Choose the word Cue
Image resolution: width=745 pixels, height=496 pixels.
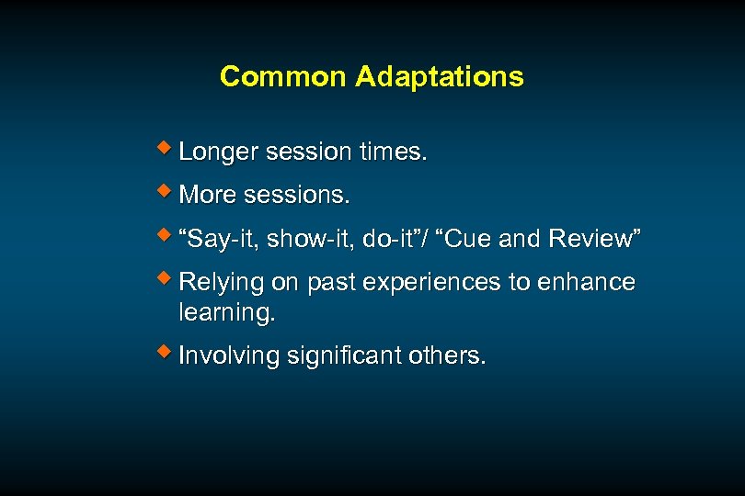[x=470, y=240]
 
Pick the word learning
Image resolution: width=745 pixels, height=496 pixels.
[x=226, y=312]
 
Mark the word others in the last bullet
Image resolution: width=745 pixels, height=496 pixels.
[x=448, y=355]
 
